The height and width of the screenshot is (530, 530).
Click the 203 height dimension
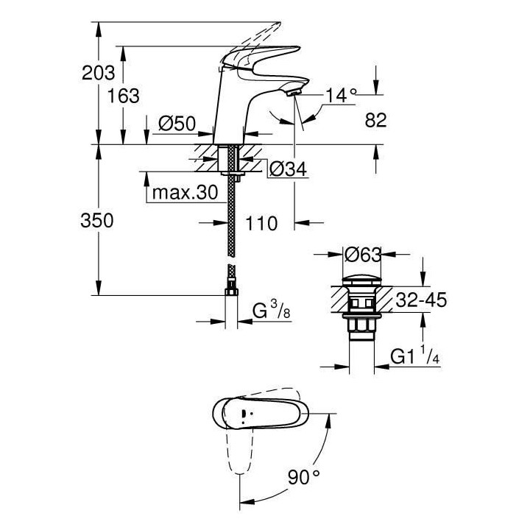tap(98, 72)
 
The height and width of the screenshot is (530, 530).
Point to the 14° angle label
tap(342, 94)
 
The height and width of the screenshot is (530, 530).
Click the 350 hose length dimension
tap(97, 221)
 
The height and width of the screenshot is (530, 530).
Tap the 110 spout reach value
tap(262, 223)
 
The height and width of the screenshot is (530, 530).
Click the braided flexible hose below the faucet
tap(233, 221)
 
